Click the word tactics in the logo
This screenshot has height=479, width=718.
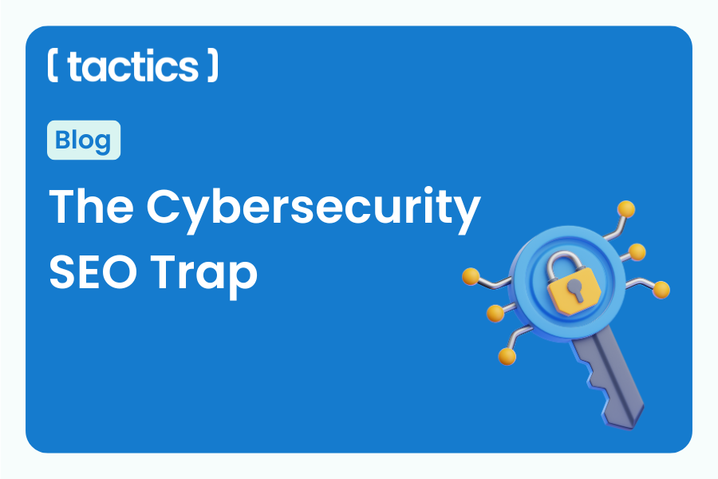tap(132, 67)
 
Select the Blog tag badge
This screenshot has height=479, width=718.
tap(84, 141)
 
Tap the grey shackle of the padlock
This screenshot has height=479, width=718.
tap(573, 257)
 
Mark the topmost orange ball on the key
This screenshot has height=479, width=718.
tap(627, 209)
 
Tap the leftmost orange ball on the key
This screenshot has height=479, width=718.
tap(470, 277)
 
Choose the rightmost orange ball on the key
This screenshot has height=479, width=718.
tap(661, 289)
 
